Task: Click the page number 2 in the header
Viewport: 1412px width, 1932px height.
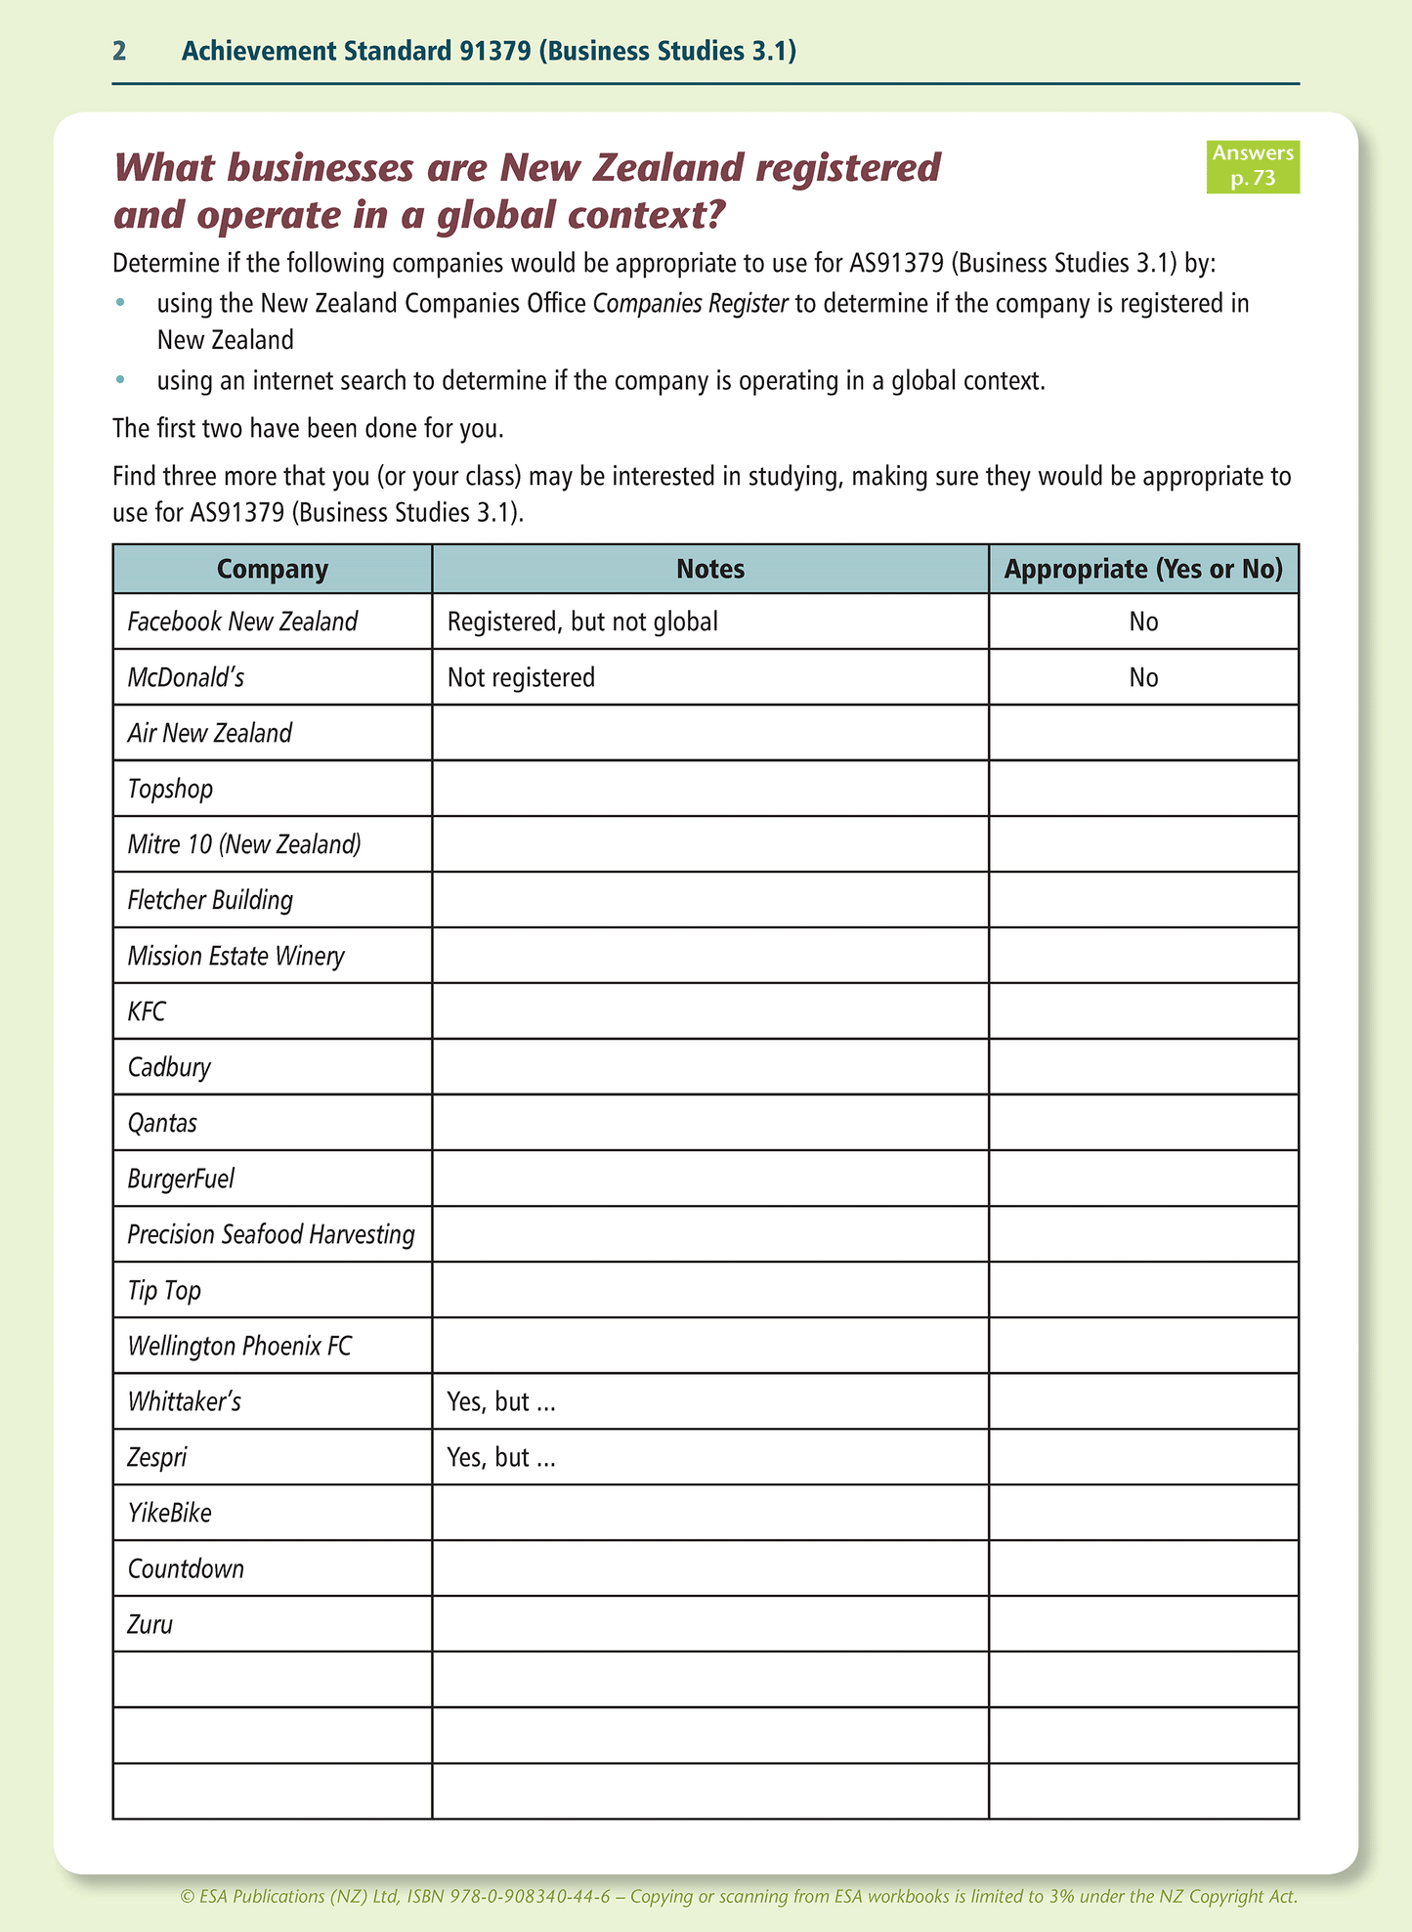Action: [x=119, y=52]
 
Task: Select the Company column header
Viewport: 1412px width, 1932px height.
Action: [x=272, y=570]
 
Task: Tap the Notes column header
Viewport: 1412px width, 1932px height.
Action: [x=710, y=570]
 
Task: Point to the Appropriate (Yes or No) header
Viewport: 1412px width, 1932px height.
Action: [x=1143, y=570]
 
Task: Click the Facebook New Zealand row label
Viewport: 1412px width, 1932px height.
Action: [x=242, y=622]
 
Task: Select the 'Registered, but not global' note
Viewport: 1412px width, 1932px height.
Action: [x=582, y=622]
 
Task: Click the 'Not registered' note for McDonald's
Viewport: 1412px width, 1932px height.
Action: [x=521, y=677]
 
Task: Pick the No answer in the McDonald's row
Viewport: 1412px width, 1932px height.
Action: [x=1143, y=677]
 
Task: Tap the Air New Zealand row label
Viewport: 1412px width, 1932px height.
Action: [x=210, y=733]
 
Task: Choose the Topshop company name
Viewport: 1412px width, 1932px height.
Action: [x=170, y=789]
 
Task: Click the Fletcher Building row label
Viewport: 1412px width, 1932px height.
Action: [x=210, y=900]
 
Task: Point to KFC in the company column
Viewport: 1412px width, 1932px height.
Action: [x=147, y=1011]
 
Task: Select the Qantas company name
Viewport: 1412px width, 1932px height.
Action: [x=162, y=1123]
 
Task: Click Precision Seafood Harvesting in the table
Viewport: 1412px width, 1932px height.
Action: [x=271, y=1234]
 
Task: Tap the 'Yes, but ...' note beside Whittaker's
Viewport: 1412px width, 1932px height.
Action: [x=501, y=1401]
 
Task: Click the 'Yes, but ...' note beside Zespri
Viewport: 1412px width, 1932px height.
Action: [x=501, y=1457]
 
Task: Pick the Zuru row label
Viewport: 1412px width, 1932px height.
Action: [x=150, y=1624]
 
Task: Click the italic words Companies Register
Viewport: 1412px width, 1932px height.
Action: [x=690, y=303]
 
